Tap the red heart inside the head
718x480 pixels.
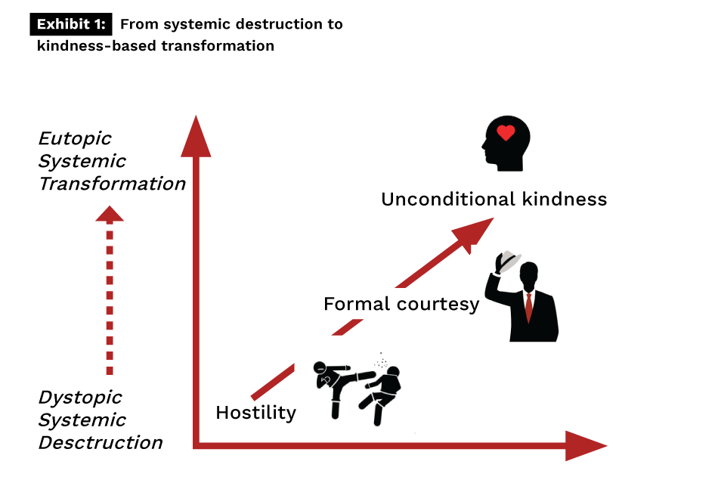[506, 134]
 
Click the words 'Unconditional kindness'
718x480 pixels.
[494, 200]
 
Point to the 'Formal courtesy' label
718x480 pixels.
[401, 304]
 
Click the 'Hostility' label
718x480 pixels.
[255, 413]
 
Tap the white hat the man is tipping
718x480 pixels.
[508, 260]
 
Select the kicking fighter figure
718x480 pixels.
[336, 386]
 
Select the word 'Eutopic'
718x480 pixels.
[75, 139]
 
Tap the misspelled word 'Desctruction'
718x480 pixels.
[101, 443]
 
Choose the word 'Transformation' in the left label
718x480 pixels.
[112, 184]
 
